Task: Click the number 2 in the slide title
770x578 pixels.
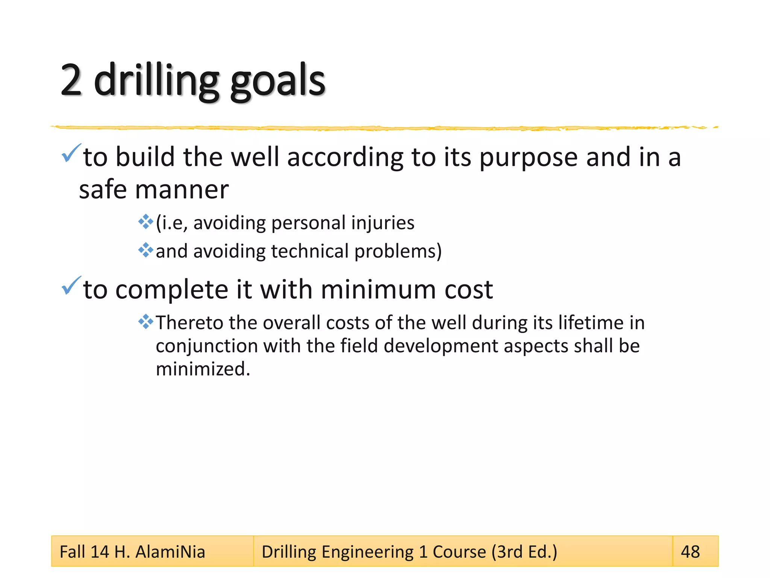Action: pyautogui.click(x=71, y=80)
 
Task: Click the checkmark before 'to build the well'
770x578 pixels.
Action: pyautogui.click(x=71, y=153)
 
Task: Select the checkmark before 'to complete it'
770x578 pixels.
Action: pyautogui.click(x=71, y=286)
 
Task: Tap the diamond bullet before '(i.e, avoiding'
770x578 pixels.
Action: pyautogui.click(x=146, y=222)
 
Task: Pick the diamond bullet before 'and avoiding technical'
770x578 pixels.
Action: pyautogui.click(x=146, y=250)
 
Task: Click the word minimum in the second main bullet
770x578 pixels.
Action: pyautogui.click(x=378, y=290)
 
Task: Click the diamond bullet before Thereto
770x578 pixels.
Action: pyautogui.click(x=146, y=322)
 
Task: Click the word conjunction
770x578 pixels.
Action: pyautogui.click(x=206, y=346)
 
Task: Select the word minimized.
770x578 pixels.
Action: pyautogui.click(x=203, y=369)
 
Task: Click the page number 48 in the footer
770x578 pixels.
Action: pyautogui.click(x=690, y=552)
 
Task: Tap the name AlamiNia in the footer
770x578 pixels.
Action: pyautogui.click(x=170, y=552)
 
